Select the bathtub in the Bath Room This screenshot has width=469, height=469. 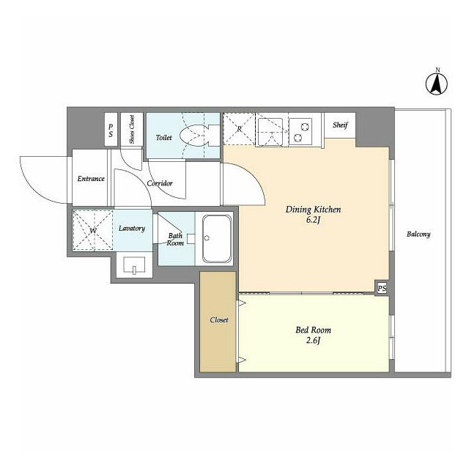pyautogui.click(x=217, y=239)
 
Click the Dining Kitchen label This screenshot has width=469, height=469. pyautogui.click(x=313, y=210)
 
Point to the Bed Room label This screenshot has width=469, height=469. pyautogui.click(x=313, y=330)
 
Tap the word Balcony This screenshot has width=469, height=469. pyautogui.click(x=418, y=234)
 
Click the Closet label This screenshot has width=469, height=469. pyautogui.click(x=219, y=320)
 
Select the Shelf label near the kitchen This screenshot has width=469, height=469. pyautogui.click(x=340, y=125)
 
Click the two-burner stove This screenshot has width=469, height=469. pyautogui.click(x=301, y=132)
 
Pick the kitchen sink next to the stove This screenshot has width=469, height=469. pyautogui.click(x=270, y=132)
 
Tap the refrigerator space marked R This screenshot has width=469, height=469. pyautogui.click(x=239, y=129)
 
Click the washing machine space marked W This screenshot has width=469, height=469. pyautogui.click(x=93, y=230)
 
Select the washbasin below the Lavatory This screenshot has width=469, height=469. pyautogui.click(x=134, y=265)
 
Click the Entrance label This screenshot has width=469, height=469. pyautogui.click(x=91, y=179)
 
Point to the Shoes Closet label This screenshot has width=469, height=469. pyautogui.click(x=132, y=129)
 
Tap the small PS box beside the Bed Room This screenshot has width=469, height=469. pyautogui.click(x=382, y=288)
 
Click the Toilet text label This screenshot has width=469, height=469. pyautogui.click(x=164, y=138)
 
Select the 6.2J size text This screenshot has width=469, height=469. pyautogui.click(x=313, y=220)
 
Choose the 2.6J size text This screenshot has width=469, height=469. pyautogui.click(x=313, y=340)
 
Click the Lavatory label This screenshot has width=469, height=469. pyautogui.click(x=132, y=228)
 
